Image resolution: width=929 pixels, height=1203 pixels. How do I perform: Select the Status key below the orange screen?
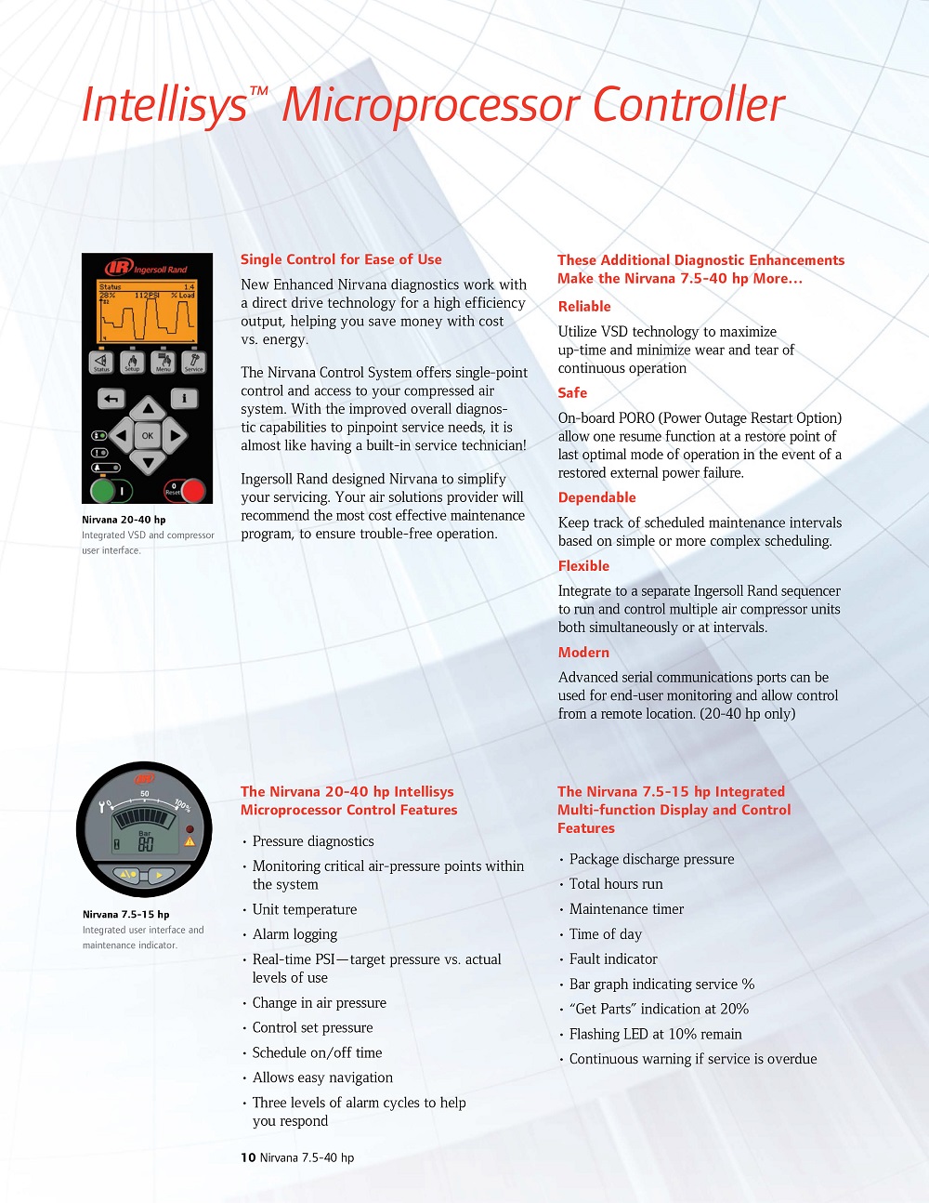(101, 362)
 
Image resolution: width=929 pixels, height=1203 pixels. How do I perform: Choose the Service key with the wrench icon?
(193, 362)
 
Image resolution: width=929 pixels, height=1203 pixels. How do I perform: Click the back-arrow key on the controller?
(111, 399)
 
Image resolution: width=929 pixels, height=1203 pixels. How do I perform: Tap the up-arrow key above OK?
(147, 409)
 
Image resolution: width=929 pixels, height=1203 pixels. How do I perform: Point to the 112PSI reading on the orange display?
(147, 296)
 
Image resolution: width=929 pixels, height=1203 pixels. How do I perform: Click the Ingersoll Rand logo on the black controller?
(147, 268)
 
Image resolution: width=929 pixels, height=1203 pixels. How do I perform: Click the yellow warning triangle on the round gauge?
(190, 841)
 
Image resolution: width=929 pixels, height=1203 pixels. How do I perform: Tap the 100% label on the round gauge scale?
(182, 806)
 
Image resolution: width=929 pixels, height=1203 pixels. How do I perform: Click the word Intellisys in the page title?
(164, 105)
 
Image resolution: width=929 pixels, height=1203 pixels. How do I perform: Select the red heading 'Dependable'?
(596, 498)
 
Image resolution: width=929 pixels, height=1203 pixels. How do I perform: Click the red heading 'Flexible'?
(583, 566)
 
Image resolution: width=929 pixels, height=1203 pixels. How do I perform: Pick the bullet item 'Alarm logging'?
(294, 934)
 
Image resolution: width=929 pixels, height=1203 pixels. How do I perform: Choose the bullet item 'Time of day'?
(605, 934)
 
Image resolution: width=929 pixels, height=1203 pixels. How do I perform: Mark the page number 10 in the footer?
(248, 1157)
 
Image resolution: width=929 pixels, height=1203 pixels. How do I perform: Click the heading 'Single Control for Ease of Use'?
(341, 260)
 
